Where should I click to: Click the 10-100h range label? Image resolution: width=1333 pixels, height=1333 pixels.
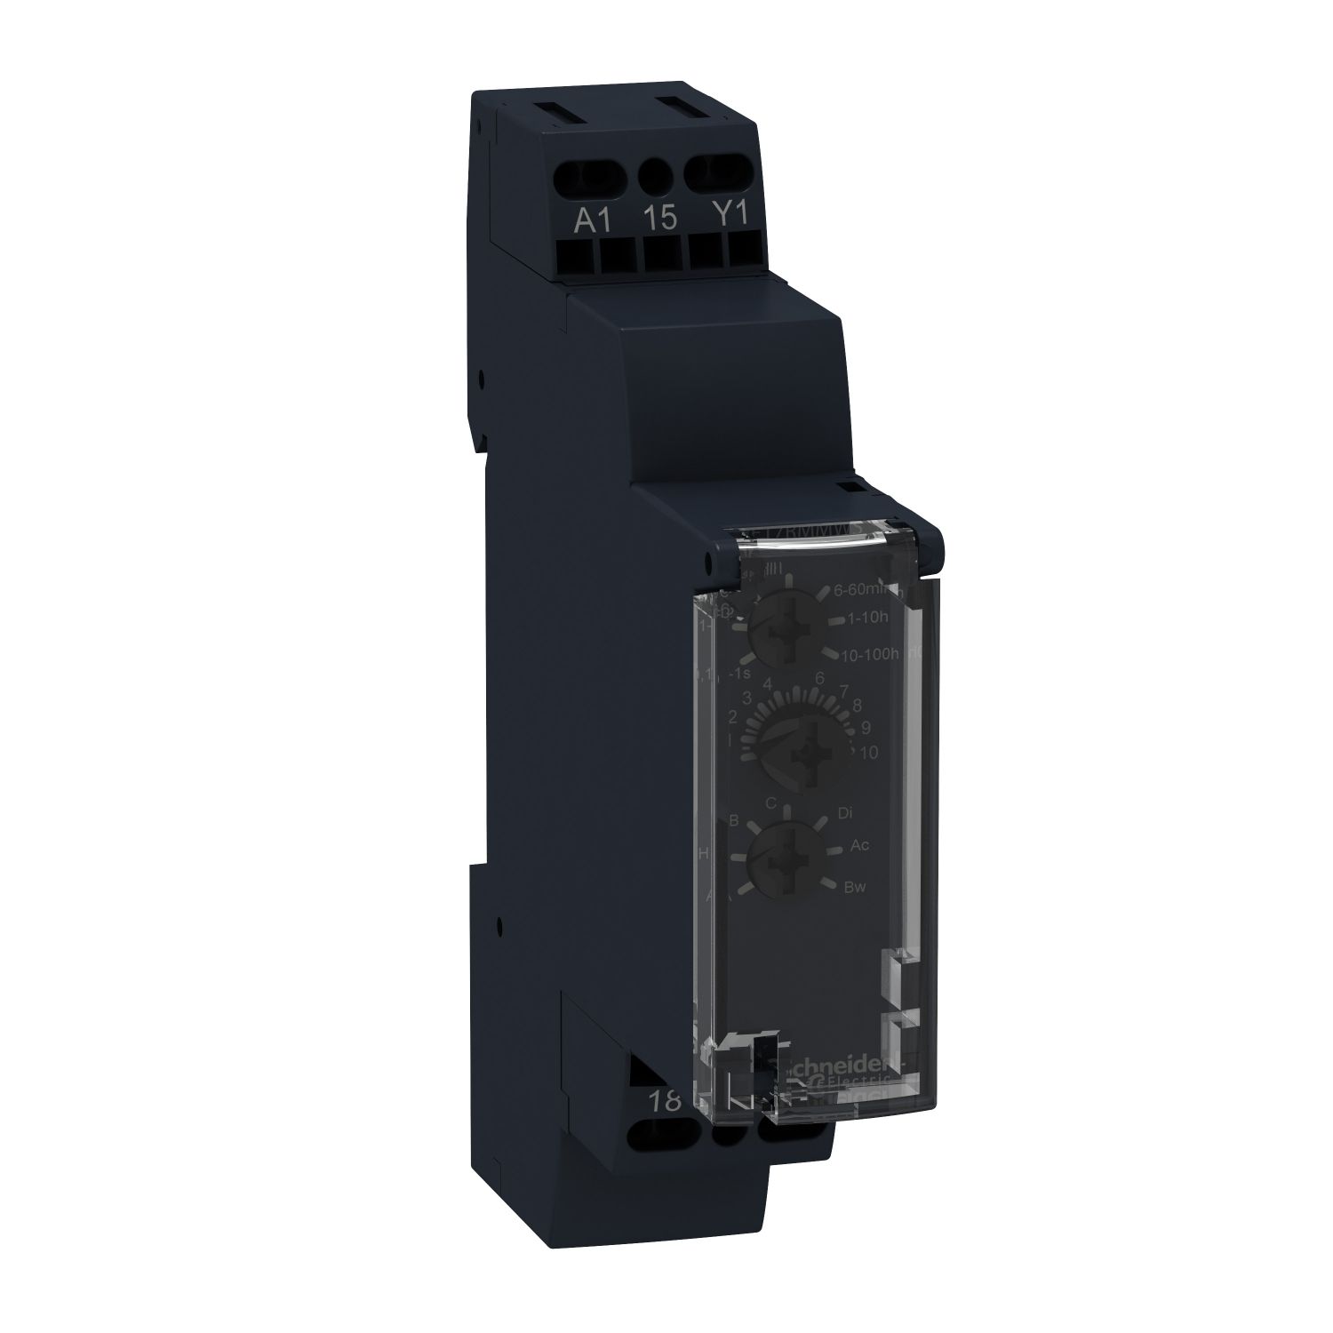(868, 654)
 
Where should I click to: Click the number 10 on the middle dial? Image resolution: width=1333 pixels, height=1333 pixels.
(868, 752)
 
